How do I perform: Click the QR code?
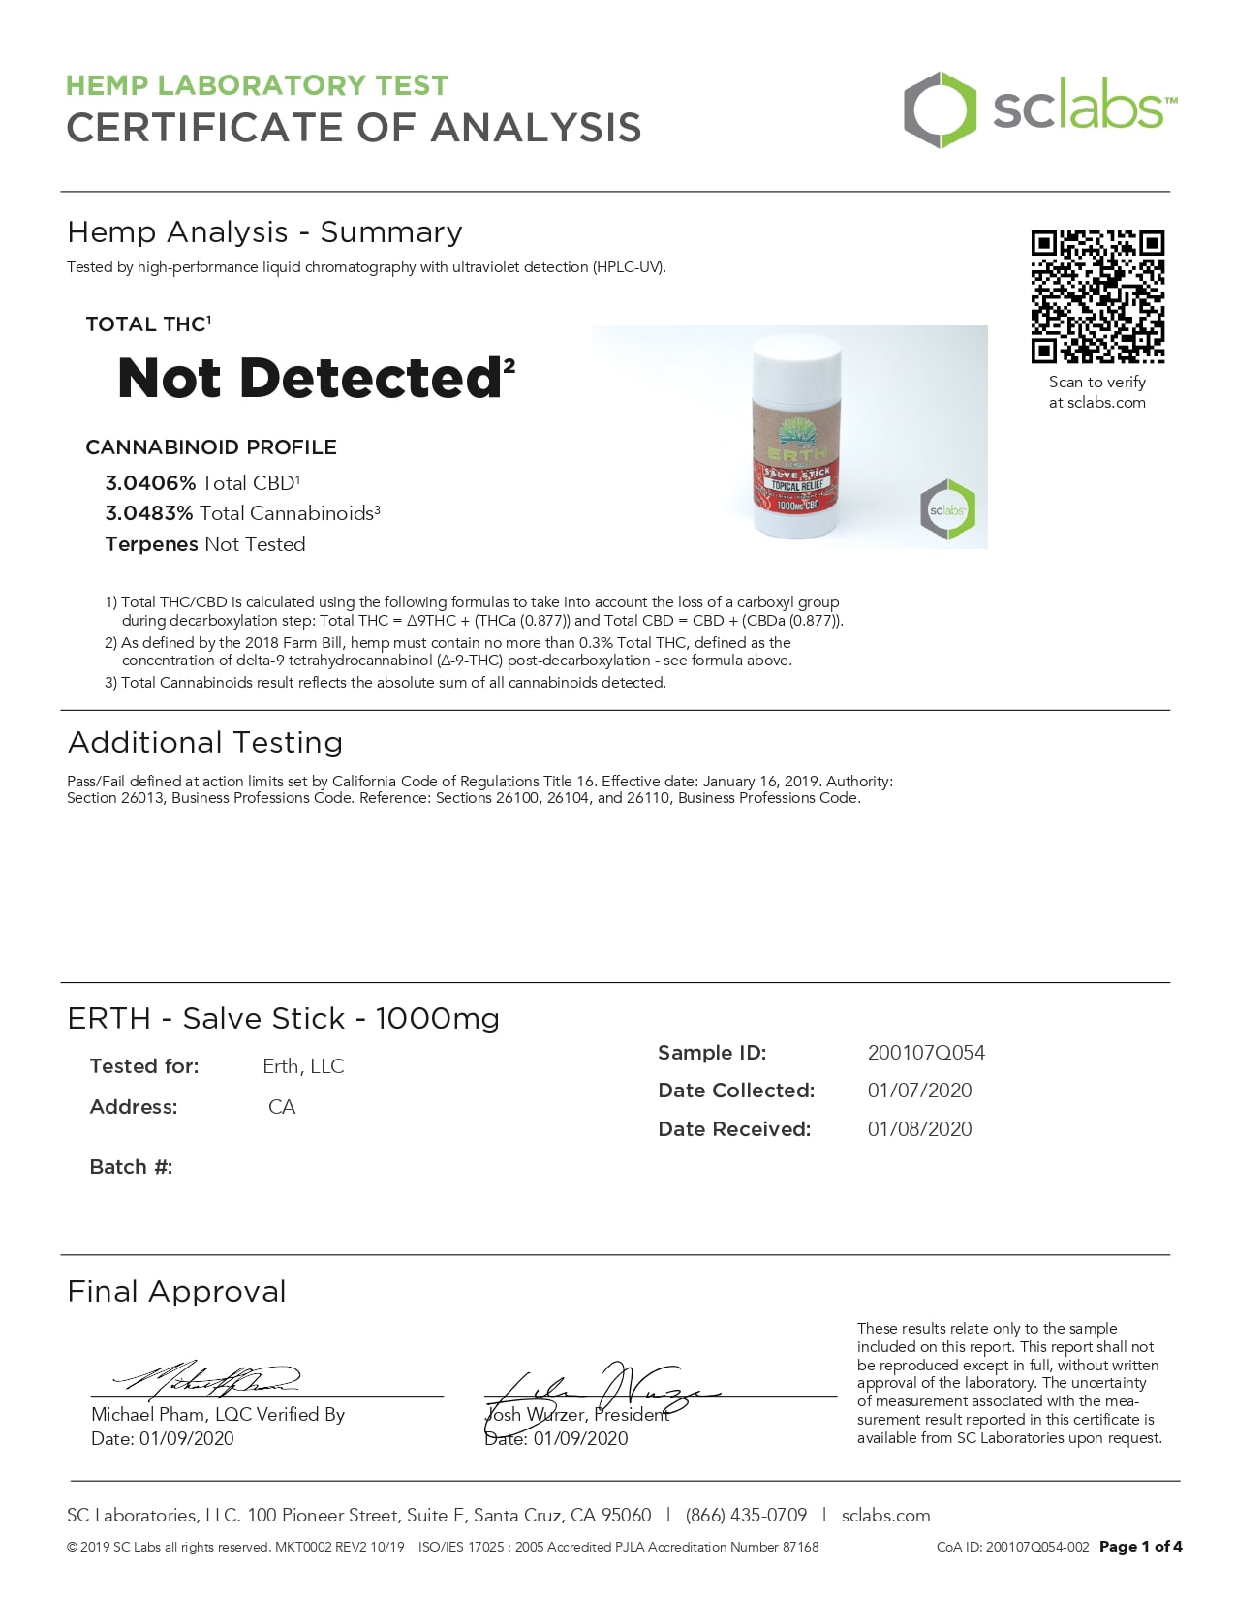1097,296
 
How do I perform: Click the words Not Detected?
309,378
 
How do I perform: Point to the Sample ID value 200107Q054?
926,1053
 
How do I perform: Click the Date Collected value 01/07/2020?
919,1091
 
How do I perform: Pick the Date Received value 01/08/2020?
919,1129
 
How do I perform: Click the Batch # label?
131,1167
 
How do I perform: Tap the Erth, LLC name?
303,1066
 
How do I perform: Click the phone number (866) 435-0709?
746,1516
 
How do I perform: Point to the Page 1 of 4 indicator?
1140,1547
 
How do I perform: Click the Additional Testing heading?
205,743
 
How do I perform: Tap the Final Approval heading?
176,1292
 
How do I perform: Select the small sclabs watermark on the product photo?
947,509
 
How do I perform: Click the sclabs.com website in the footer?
885,1516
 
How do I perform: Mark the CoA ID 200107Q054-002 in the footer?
1012,1547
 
